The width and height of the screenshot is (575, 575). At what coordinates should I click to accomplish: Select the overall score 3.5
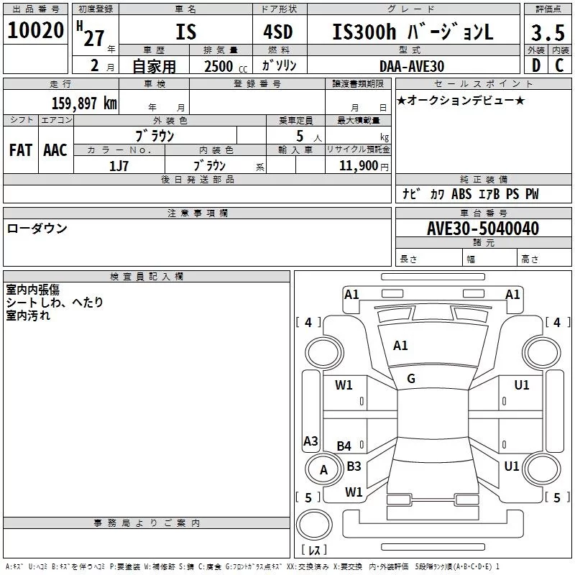pos(547,33)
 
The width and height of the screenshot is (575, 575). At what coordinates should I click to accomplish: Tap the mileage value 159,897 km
pos(84,103)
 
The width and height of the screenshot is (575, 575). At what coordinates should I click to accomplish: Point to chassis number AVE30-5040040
pos(483,229)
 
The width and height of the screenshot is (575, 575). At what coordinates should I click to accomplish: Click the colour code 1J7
pos(119,165)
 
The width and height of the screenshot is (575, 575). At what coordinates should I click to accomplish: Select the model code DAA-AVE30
pos(412,66)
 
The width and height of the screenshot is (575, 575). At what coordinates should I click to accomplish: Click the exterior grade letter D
pos(535,65)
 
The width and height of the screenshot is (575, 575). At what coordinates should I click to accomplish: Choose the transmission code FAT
pos(20,149)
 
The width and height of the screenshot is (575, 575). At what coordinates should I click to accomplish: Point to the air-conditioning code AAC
pos(55,149)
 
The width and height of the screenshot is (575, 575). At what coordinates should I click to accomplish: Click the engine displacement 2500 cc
pos(222,66)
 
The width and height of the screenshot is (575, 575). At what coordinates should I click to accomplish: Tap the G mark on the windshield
pos(410,379)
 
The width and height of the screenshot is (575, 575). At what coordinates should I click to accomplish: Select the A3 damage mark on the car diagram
pos(310,441)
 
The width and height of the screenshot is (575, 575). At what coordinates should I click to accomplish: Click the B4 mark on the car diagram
pos(344,446)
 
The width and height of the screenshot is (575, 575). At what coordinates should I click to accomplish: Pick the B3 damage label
pos(354,466)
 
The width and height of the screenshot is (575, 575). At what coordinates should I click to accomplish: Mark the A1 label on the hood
pos(400,346)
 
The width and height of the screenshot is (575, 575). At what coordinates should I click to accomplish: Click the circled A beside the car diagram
pos(323,470)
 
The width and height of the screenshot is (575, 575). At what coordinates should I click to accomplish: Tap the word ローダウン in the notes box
pos(37,229)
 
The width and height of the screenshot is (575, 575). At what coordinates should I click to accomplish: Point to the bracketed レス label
pos(314,550)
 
